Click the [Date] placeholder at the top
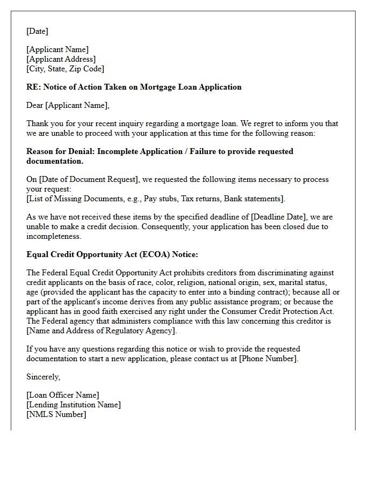(37, 31)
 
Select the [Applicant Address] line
(61, 59)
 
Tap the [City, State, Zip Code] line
(65, 69)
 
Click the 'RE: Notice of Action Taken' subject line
(134, 87)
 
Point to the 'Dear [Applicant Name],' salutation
(68, 105)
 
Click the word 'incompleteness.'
(54, 236)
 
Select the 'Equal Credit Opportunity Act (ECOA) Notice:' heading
(112, 254)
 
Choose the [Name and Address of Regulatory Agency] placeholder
(102, 331)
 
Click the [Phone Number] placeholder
(267, 358)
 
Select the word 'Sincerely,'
(44, 377)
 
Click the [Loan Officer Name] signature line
(63, 395)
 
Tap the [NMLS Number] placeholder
(56, 414)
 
